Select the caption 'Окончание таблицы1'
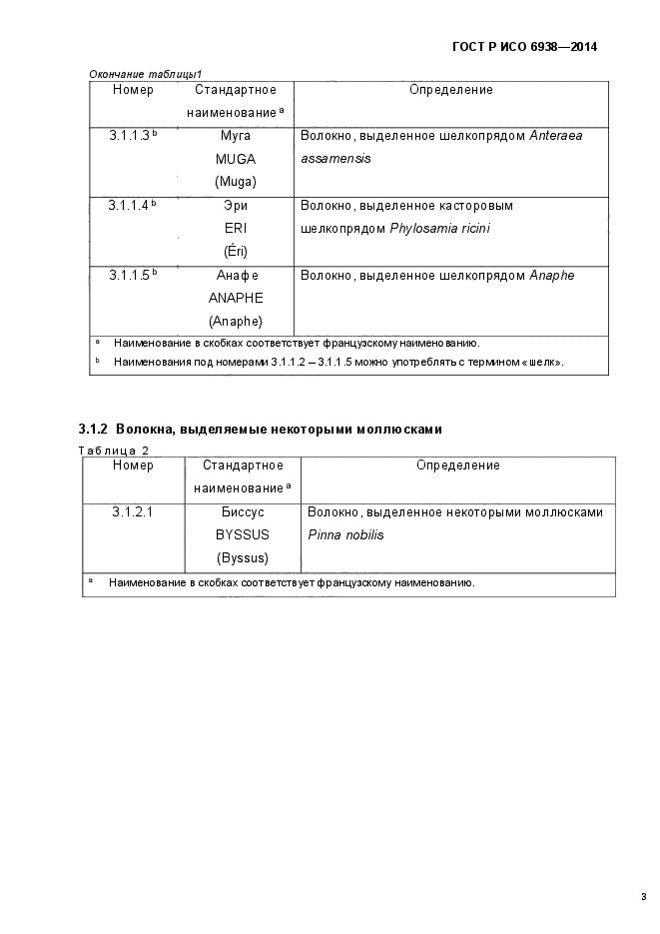tap(146, 74)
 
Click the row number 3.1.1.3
tap(130, 135)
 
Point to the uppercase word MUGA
tap(236, 158)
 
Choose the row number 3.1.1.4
tap(130, 205)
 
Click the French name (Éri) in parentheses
tap(236, 251)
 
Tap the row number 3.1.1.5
tap(130, 275)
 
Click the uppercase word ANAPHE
tap(236, 298)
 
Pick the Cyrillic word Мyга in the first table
tap(236, 135)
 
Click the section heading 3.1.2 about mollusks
tap(260, 429)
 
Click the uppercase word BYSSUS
tap(243, 534)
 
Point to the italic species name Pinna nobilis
tap(345, 535)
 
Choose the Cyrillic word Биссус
tap(243, 511)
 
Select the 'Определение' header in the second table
tap(457, 466)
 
